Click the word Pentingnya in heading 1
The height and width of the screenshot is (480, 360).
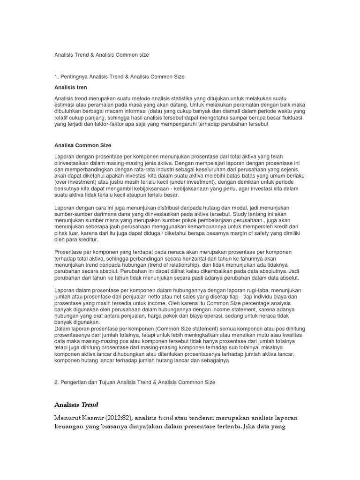tap(75, 76)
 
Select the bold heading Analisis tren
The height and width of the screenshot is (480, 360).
tap(71, 87)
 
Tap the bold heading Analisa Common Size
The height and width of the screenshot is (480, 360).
tap(83, 145)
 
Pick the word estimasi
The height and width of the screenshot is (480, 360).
tap(66, 105)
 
